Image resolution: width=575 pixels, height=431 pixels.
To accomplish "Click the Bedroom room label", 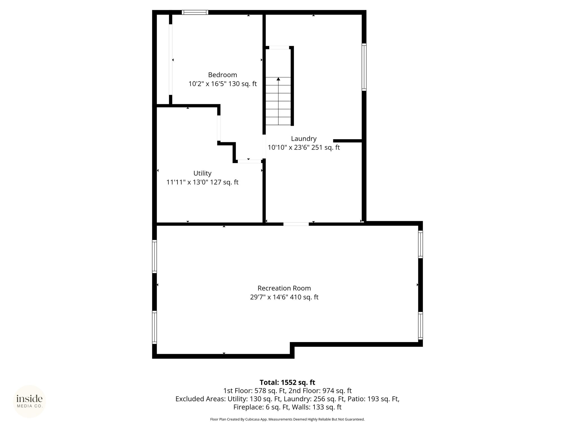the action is pos(222,75).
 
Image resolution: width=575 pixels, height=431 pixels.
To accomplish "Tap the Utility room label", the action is pos(202,173).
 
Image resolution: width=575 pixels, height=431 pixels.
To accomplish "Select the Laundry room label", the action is pos(304,139).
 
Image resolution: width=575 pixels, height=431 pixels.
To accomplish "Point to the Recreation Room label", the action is pos(284,288).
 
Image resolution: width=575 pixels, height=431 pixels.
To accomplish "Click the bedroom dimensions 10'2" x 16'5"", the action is pos(207,84).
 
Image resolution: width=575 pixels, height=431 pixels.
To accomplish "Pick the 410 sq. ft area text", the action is pos(304,297).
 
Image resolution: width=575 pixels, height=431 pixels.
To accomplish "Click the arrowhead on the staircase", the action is pos(278,79).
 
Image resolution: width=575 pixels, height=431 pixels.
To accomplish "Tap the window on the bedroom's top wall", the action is pos(195,12).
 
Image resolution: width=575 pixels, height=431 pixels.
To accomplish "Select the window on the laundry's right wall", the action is pos(364,67).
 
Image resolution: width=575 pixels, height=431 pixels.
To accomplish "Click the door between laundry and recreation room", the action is pos(296,224).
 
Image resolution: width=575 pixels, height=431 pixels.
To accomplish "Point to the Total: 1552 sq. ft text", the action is pos(287,382).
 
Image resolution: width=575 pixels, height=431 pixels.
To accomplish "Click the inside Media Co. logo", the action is pos(29,401).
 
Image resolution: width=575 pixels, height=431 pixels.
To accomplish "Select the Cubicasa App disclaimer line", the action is pos(287,419).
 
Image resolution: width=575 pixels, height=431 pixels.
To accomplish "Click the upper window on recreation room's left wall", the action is pos(154,256).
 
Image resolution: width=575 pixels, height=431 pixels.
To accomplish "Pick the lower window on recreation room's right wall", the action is pos(420,326).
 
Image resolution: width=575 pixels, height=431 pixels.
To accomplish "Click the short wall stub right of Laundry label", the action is pos(347,141).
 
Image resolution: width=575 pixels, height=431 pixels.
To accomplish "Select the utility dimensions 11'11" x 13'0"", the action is pos(187,182).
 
